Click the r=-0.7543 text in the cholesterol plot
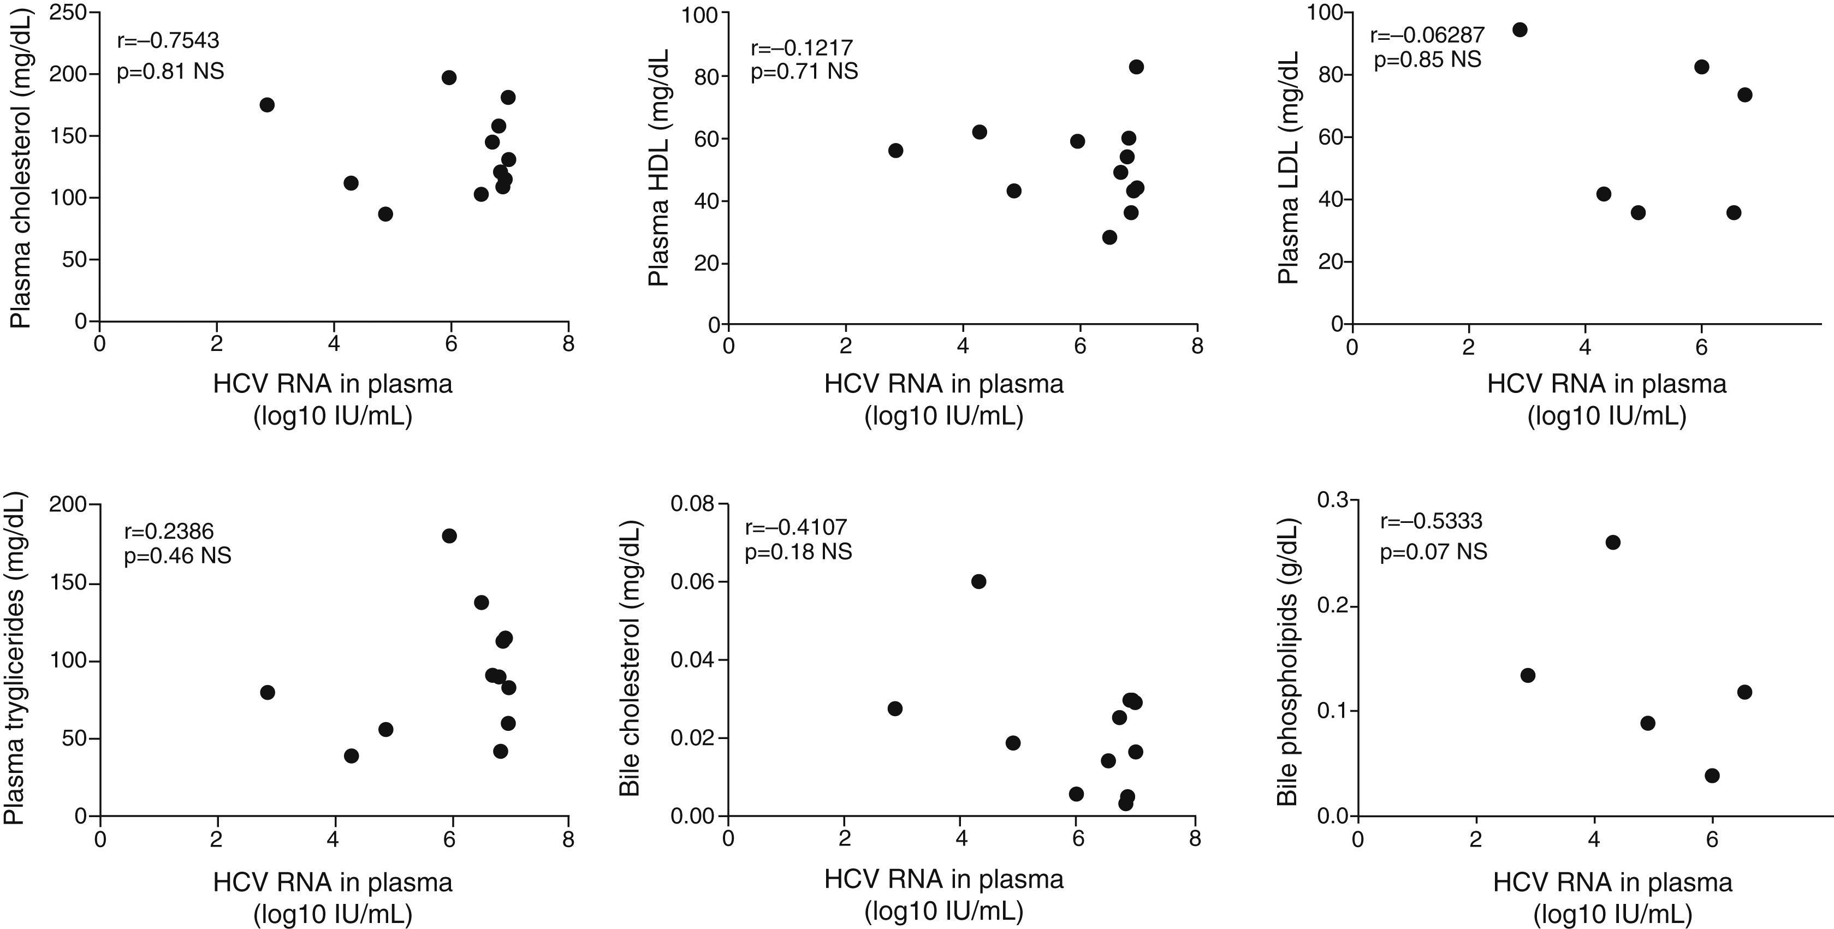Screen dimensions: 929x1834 [x=168, y=40]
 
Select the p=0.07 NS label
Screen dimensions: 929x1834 [x=1433, y=552]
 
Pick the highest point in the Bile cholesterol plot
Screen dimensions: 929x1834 [x=979, y=582]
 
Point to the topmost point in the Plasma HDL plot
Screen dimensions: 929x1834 [x=1136, y=67]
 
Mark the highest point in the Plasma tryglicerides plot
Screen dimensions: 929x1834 [x=449, y=536]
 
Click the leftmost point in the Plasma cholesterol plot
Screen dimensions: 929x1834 [x=267, y=105]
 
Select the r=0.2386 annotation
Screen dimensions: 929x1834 [x=169, y=531]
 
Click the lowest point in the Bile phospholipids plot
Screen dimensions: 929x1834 [x=1712, y=775]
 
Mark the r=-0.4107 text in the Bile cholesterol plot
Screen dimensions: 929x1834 [x=796, y=527]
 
